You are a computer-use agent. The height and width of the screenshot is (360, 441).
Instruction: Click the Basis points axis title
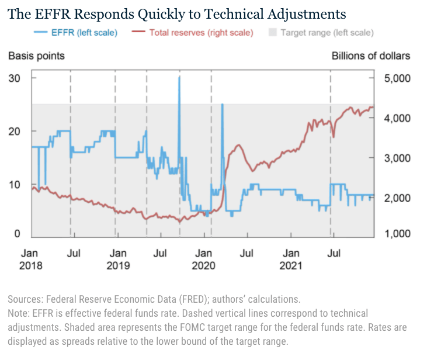point(36,56)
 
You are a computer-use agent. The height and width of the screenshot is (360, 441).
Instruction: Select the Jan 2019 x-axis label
point(119,259)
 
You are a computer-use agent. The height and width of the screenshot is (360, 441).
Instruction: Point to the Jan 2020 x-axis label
point(204,259)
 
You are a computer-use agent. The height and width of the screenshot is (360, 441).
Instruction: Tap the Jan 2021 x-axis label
point(291,259)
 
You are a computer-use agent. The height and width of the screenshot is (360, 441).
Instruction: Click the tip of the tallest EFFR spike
point(179,77)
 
